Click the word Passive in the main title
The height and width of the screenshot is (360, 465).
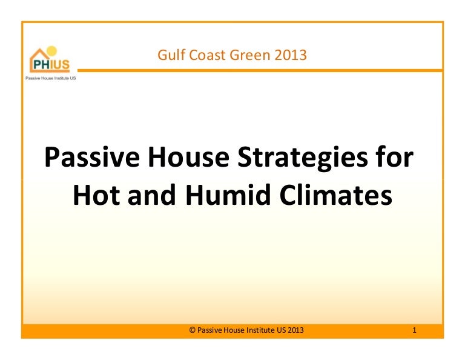[x=92, y=158]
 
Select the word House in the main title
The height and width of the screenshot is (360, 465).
[x=189, y=158]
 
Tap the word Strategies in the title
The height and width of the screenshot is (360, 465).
[x=303, y=159]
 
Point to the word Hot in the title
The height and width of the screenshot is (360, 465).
[x=96, y=195]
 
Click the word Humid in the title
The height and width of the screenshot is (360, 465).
[x=228, y=195]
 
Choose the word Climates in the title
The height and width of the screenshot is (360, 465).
[x=336, y=195]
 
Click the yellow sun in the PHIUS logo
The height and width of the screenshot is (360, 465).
[x=51, y=51]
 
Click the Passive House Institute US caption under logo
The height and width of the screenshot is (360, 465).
[x=51, y=78]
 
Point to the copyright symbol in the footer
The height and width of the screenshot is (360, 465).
[x=192, y=330]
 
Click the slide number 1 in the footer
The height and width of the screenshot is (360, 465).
[x=414, y=330]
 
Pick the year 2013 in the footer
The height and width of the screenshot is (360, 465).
[x=295, y=330]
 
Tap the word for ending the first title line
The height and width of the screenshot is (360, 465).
[x=395, y=158]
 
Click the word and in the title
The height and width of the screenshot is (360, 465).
[x=152, y=195]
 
